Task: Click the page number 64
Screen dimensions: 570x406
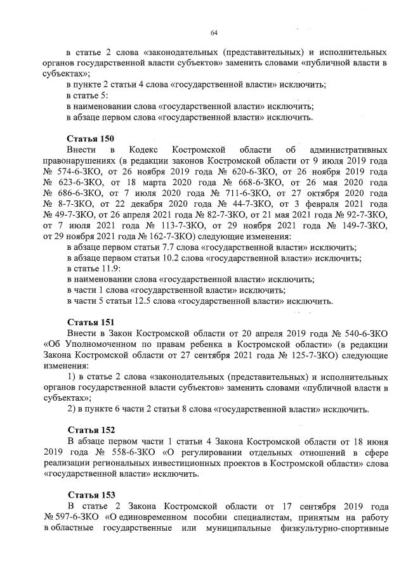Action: click(214, 33)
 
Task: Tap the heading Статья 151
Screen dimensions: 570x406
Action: click(90, 322)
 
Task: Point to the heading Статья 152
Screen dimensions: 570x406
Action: click(90, 430)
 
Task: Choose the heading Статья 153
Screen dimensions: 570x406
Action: click(90, 495)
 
